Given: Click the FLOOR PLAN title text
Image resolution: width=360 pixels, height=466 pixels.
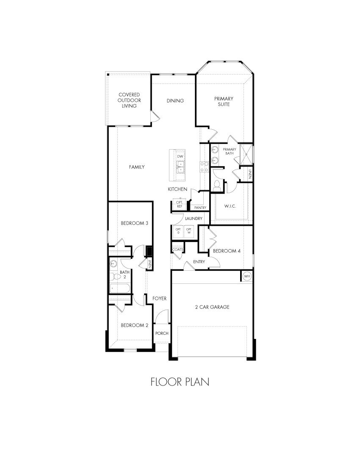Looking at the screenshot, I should [x=180, y=382].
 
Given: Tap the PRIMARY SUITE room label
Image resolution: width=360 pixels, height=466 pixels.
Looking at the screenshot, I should [x=224, y=101].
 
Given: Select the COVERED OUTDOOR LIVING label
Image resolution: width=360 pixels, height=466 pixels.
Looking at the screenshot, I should [x=129, y=100].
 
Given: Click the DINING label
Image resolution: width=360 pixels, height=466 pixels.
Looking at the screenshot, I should [x=175, y=101].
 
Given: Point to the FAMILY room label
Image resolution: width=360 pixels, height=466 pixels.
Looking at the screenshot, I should [x=137, y=167].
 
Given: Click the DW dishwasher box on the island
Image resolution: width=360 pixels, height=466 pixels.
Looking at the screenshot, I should [x=180, y=157].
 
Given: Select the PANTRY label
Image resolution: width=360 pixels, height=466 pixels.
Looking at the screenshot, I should [x=200, y=208].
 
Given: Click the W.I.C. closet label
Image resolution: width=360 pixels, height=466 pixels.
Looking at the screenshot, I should [x=230, y=206].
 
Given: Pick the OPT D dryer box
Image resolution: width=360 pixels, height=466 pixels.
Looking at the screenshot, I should [x=178, y=231].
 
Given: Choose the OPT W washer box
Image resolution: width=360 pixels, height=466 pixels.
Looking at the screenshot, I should [x=189, y=231].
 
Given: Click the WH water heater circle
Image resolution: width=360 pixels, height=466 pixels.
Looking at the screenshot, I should [x=247, y=276].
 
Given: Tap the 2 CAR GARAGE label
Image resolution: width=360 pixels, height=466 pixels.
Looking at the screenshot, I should [x=213, y=307].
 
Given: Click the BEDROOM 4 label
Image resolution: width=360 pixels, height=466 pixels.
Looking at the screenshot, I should [x=227, y=251].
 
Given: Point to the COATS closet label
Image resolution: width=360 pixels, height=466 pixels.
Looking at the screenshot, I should [x=177, y=250].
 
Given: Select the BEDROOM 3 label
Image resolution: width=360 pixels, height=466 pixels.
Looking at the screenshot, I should [x=134, y=223].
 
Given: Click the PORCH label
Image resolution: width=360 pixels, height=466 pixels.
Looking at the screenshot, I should [x=162, y=333].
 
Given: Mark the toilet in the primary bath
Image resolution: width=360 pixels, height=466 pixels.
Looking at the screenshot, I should [x=218, y=185].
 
